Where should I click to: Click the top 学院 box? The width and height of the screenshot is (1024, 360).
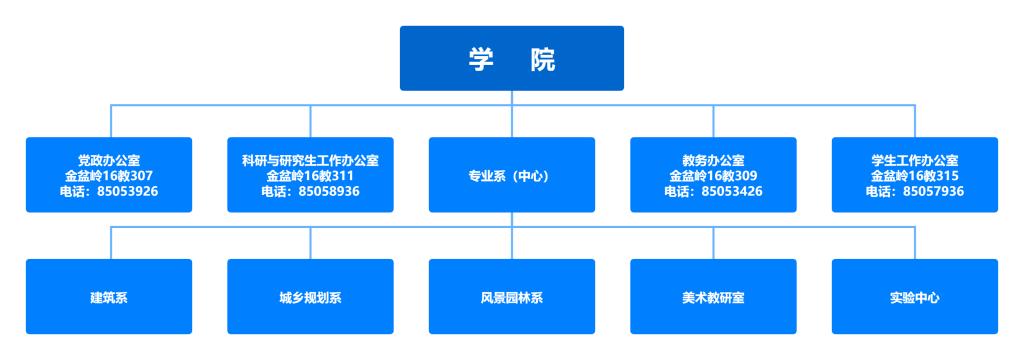click(x=511, y=58)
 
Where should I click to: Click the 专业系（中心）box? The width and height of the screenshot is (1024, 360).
click(x=511, y=175)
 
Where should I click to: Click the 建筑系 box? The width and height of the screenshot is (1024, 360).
click(x=109, y=297)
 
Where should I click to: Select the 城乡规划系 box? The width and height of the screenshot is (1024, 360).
click(x=310, y=297)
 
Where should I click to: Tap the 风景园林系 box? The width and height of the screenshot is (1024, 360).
click(x=511, y=297)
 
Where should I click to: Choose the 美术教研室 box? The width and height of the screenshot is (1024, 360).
click(x=713, y=297)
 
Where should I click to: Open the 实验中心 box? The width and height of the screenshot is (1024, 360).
click(x=915, y=297)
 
